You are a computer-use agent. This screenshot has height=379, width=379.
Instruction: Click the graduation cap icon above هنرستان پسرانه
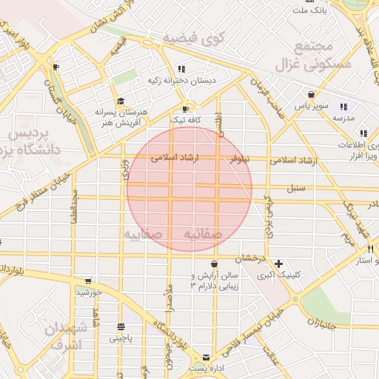[120, 101]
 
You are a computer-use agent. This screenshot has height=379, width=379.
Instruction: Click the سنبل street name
[296, 188]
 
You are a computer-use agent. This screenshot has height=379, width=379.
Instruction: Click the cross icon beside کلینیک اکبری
[278, 264]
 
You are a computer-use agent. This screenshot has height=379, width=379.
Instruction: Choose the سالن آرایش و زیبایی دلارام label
[215, 280]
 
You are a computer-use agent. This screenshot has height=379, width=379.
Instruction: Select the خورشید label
[88, 292]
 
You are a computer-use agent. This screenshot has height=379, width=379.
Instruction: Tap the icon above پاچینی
[121, 326]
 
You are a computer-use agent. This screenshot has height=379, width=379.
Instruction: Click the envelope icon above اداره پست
[206, 357]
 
